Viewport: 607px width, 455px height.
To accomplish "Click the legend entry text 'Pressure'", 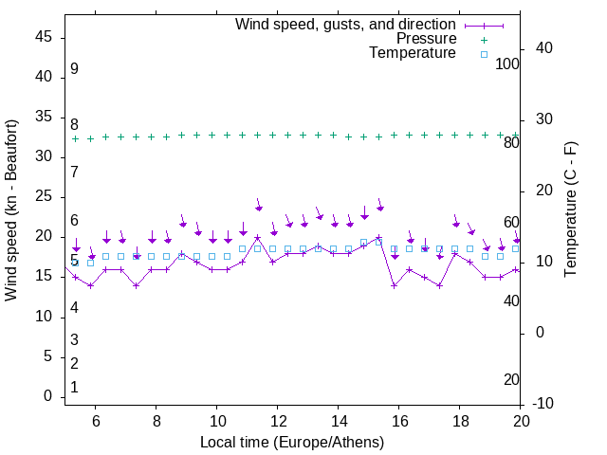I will tap(426, 39).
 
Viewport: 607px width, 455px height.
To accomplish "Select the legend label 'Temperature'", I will tap(413, 53).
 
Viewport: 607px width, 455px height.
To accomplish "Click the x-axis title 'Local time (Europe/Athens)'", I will tap(292, 442).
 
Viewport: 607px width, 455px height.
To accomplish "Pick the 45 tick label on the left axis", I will tap(43, 37).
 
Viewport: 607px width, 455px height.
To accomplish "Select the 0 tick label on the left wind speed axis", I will tap(47, 397).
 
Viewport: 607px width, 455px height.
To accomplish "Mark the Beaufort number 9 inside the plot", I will tap(74, 69).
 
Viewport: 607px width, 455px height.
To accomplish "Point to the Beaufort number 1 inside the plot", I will tap(74, 388).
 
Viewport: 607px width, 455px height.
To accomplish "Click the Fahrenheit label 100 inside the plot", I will tap(507, 64).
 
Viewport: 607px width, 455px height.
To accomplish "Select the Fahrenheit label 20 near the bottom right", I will tap(511, 379).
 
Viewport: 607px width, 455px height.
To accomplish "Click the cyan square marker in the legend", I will tap(483, 54).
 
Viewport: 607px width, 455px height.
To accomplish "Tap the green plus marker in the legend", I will tap(483, 40).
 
